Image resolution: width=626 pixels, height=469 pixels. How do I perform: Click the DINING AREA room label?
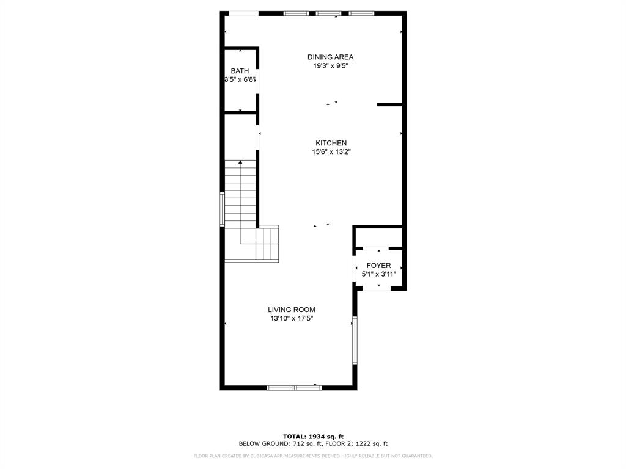pyautogui.click(x=330, y=57)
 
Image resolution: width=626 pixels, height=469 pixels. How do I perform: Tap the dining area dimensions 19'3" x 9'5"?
pyautogui.click(x=331, y=66)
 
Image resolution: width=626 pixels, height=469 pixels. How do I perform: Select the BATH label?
pyautogui.click(x=240, y=71)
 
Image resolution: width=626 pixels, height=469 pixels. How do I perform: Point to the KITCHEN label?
pyautogui.click(x=331, y=143)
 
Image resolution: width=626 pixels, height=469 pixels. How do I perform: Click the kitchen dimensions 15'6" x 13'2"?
pyautogui.click(x=331, y=152)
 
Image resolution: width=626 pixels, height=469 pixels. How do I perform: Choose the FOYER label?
pyautogui.click(x=378, y=266)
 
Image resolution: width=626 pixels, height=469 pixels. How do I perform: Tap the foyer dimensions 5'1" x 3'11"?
pyautogui.click(x=379, y=274)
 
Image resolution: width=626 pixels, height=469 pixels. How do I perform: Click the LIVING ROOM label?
pyautogui.click(x=292, y=310)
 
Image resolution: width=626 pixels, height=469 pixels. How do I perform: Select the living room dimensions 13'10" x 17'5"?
pyautogui.click(x=292, y=318)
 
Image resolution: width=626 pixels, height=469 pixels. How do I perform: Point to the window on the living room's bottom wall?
pyautogui.click(x=295, y=387)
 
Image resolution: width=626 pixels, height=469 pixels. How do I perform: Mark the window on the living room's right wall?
pyautogui.click(x=354, y=340)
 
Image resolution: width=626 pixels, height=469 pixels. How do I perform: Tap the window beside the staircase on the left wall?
pyautogui.click(x=223, y=209)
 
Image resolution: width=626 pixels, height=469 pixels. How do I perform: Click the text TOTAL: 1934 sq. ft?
pyautogui.click(x=313, y=436)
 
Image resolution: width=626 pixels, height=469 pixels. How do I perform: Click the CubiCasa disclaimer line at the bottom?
pyautogui.click(x=313, y=456)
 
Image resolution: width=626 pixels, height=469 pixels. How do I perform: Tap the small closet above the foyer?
pyautogui.click(x=378, y=237)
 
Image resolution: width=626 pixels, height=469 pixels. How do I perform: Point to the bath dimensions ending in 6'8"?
pyautogui.click(x=240, y=80)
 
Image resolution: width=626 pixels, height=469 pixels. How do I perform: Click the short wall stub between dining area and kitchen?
pyautogui.click(x=389, y=105)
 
